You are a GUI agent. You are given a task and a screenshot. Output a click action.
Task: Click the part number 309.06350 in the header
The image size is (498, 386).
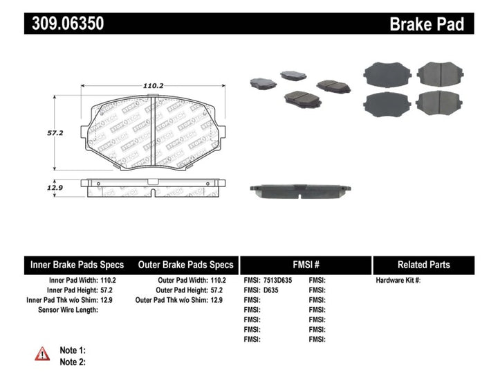[67, 24]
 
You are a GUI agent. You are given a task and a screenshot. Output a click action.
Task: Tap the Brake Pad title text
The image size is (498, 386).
[427, 24]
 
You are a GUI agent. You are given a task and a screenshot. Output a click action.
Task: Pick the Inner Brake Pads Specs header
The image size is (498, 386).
[77, 265]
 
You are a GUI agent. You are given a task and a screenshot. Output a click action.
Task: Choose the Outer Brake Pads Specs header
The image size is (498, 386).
[186, 265]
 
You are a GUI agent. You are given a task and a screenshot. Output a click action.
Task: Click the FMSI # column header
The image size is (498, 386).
[306, 265]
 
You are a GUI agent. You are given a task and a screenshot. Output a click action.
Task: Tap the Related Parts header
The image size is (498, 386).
[423, 265]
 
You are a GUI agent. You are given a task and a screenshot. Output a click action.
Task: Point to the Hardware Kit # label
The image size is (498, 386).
[398, 281]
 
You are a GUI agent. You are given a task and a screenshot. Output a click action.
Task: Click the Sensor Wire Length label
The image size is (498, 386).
[68, 310]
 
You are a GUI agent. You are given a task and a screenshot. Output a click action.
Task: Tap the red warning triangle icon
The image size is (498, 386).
[42, 354]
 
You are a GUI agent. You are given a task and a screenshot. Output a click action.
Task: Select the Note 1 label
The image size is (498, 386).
[73, 351]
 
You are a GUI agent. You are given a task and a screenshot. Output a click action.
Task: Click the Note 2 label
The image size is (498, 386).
[73, 362]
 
